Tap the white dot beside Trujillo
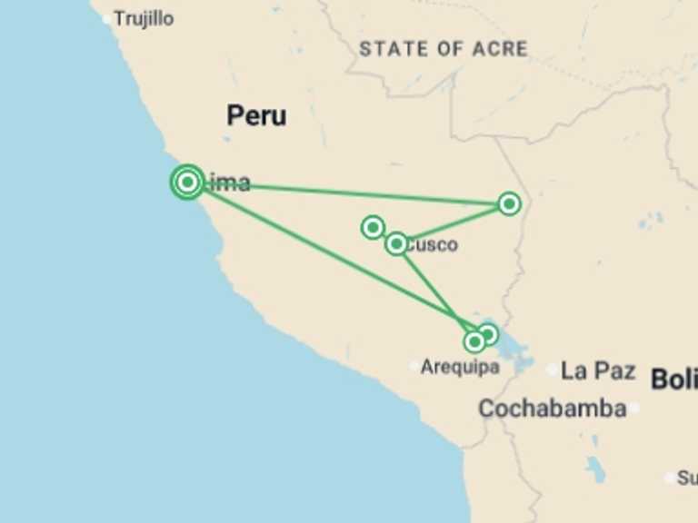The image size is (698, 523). tap(107, 18)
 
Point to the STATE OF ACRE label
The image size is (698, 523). tap(443, 49)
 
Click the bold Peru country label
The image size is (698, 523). tap(256, 115)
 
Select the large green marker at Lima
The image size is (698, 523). tap(187, 182)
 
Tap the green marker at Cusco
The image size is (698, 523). tap(396, 243)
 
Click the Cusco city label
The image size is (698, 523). tap(433, 244)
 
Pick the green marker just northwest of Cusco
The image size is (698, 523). tap(373, 227)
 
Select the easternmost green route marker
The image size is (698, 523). tap(509, 203)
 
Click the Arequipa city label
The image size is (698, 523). tap(460, 367)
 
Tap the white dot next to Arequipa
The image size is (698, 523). tap(414, 367)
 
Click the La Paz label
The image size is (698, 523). tap(597, 370)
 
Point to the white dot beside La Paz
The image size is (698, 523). tap(553, 370)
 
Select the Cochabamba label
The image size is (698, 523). tap(552, 409)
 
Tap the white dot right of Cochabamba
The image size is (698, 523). tap(634, 409)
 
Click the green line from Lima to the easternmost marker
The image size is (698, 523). tap(364, 193)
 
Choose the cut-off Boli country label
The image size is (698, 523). tap(673, 380)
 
